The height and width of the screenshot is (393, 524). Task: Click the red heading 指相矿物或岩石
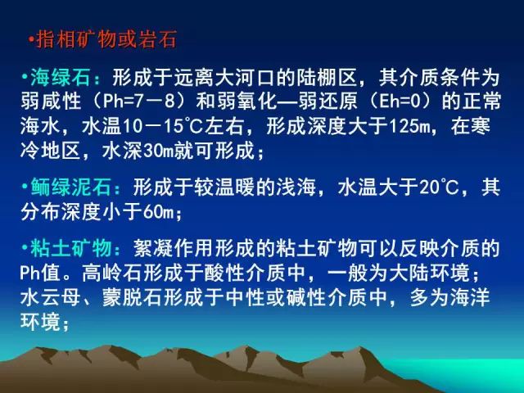[x=106, y=39]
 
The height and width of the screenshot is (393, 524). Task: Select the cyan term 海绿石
[x=61, y=78]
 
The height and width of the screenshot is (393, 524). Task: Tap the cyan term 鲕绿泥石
[x=71, y=187]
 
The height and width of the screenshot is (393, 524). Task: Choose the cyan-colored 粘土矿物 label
[x=71, y=248]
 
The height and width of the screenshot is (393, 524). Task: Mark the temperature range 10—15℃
[x=163, y=127]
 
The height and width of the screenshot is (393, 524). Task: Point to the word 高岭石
[x=113, y=273]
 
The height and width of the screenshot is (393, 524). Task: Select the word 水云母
[x=50, y=298]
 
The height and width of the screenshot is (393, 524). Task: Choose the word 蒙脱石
[x=133, y=298]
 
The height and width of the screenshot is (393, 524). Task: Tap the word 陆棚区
[x=327, y=78]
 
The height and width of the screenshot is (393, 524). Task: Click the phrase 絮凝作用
[x=174, y=248]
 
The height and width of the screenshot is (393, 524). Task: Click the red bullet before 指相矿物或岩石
[x=32, y=40]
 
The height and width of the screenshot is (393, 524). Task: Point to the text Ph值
[x=40, y=273]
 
